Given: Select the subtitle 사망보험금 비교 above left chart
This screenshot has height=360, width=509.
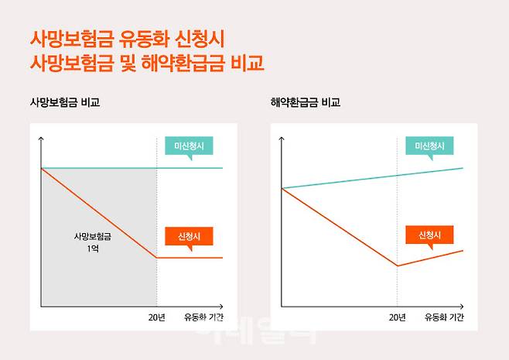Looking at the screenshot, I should coord(65,102).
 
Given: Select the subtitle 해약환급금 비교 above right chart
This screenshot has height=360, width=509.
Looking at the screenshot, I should coord(306,102).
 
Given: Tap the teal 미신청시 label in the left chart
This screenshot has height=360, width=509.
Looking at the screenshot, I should coord(189,146).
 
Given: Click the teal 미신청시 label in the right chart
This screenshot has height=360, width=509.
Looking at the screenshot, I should coord(429,146).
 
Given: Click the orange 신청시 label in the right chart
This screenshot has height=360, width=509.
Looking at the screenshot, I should coord(429,235).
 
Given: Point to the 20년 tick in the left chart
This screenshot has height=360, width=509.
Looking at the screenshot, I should coord(157,317).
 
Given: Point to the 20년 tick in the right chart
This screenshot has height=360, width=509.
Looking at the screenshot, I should coord(397,317).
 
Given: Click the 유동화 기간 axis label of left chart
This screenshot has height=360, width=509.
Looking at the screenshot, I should coord(203,317).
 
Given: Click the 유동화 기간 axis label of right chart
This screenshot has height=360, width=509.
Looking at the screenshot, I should coord(444,317).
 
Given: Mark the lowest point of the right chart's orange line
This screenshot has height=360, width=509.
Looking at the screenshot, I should coord(397,266).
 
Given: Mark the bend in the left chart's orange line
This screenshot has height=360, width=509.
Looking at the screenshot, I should coord(157,257).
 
